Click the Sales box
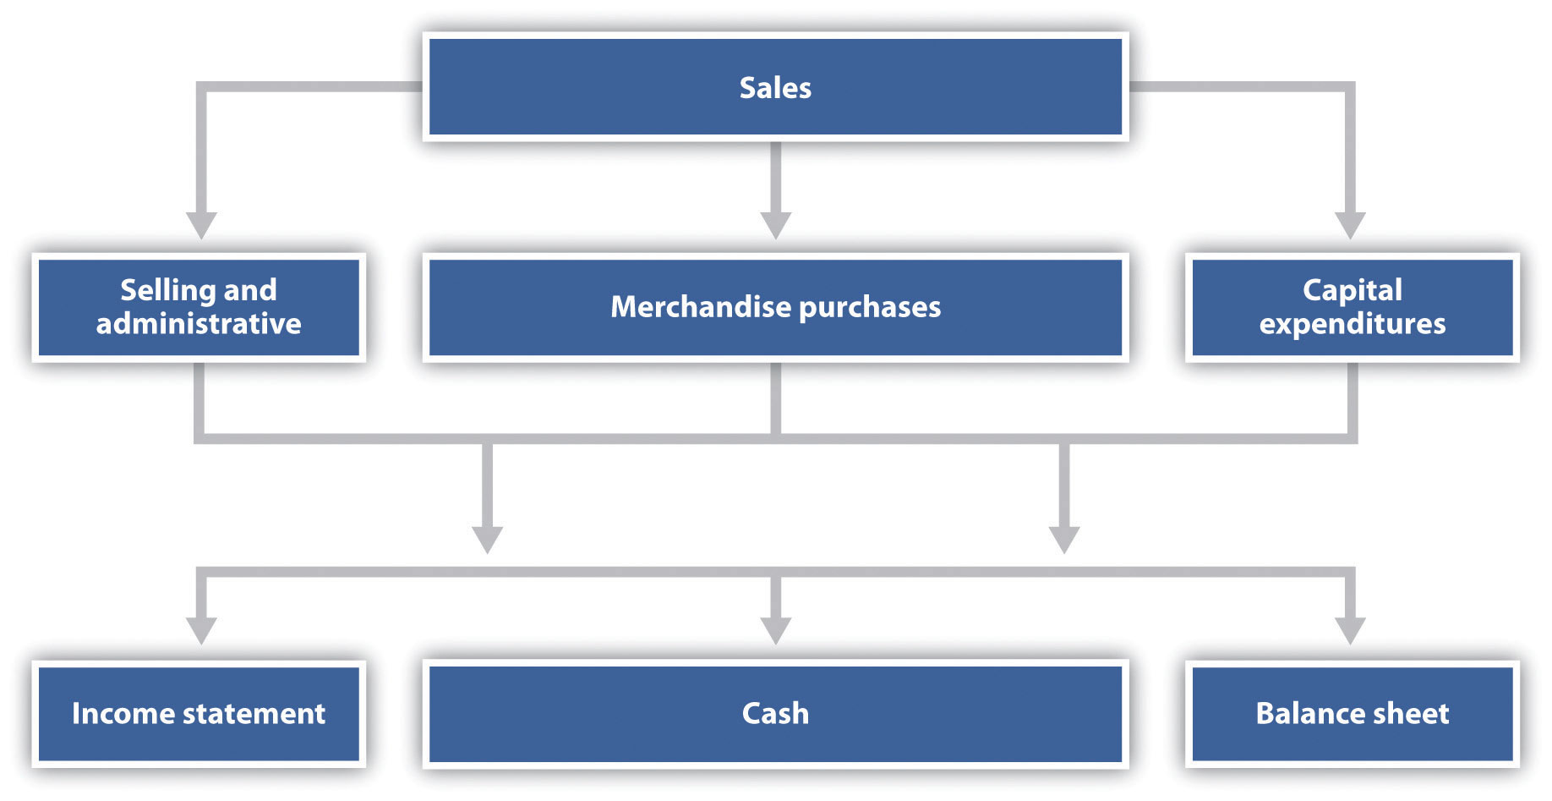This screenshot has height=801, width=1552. point(775,87)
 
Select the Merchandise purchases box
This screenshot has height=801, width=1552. point(775,307)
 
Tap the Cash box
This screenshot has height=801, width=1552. point(775,714)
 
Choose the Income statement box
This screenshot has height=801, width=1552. point(199,714)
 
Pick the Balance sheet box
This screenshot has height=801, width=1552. point(1352,714)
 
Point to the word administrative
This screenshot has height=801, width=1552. point(199,324)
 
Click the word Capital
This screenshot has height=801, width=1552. point(1352,290)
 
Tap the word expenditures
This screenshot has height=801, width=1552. point(1352,324)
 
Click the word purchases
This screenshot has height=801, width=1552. point(870,307)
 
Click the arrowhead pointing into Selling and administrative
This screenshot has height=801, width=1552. point(201,226)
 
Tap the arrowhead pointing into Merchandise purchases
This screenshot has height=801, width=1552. point(775,226)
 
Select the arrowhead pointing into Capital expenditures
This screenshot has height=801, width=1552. point(1350,226)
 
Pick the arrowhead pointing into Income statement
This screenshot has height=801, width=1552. point(201,631)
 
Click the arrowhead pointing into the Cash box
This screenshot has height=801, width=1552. point(775,631)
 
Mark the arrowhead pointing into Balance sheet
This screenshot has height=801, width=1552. point(1350,631)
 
